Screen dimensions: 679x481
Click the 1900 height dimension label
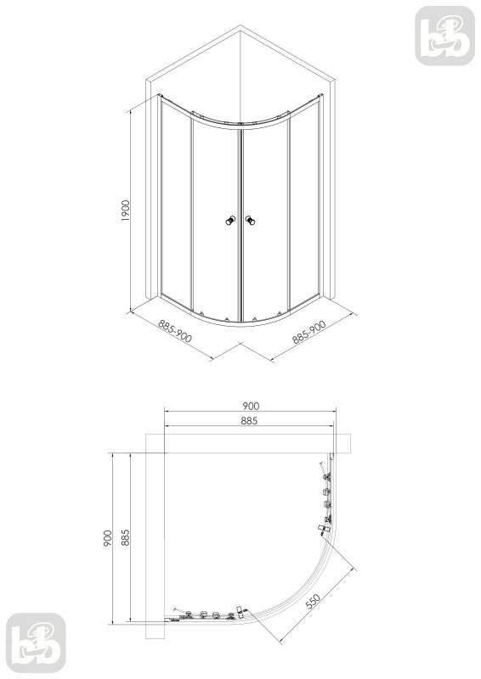point(125,210)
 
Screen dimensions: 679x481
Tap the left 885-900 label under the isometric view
point(175,333)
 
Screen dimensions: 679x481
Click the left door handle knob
point(229,222)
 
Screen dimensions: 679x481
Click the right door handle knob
point(250,222)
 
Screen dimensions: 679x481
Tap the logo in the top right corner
point(444,35)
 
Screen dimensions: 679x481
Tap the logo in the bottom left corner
point(35,643)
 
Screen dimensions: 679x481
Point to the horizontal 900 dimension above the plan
point(251,406)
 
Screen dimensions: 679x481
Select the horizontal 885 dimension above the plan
point(248,420)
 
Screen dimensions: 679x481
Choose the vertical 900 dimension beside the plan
point(107,538)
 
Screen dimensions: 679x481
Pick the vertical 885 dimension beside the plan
point(124,538)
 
